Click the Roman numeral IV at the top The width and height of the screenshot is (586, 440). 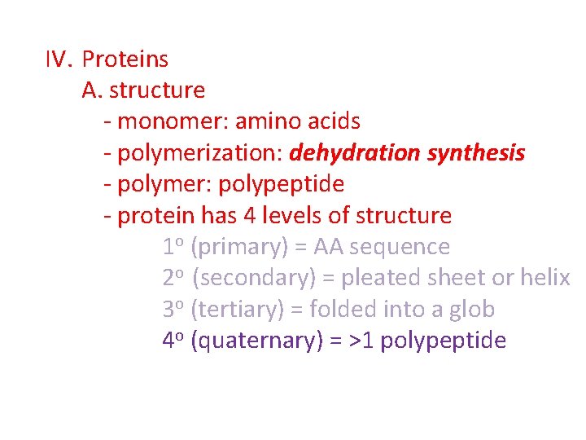(x=59, y=59)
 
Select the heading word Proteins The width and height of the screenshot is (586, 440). (x=125, y=59)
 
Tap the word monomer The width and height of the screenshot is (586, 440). (x=171, y=122)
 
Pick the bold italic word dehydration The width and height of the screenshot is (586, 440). (x=354, y=153)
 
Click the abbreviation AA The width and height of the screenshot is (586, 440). (x=329, y=247)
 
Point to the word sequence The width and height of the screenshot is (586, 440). (x=400, y=247)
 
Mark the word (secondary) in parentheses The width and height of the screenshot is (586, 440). (x=255, y=278)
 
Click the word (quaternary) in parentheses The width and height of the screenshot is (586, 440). (x=256, y=341)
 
